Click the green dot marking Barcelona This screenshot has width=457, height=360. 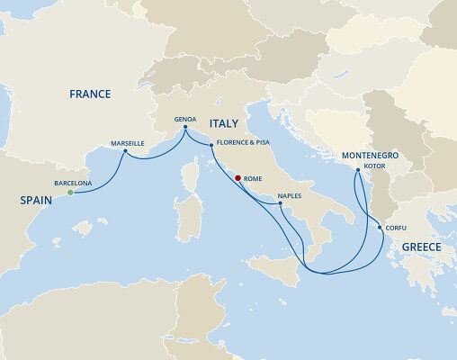coord(70,192)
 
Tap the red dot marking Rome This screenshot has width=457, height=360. coord(238,178)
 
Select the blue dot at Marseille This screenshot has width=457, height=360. coord(125,151)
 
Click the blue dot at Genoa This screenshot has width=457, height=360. coord(187,129)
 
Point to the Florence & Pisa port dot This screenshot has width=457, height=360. coord(211,146)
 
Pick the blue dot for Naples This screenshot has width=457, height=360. coord(281,203)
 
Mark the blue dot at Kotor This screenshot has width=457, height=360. coord(358,170)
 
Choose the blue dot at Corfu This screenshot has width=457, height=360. coord(377,229)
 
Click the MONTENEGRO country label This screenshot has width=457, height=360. coord(370,156)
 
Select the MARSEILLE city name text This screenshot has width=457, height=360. coord(127,143)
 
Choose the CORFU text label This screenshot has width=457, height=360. coord(397,229)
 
